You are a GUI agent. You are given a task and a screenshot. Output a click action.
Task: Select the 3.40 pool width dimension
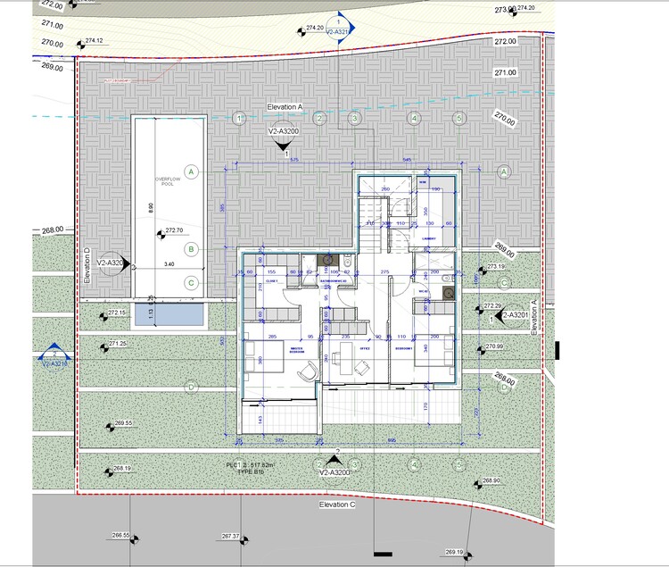click(169, 264)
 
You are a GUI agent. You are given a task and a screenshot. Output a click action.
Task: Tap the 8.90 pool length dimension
click(152, 207)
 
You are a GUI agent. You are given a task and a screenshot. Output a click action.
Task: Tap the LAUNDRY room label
click(429, 239)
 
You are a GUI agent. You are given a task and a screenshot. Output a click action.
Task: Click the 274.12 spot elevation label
click(94, 40)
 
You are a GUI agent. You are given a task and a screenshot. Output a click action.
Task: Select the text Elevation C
click(337, 505)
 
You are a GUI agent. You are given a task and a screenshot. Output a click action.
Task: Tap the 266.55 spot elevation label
click(120, 536)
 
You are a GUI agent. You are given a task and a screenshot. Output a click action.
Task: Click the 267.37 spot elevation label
click(231, 537)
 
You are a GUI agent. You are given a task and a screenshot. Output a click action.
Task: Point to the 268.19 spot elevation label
click(122, 469)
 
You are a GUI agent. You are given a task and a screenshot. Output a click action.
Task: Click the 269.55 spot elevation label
click(123, 423)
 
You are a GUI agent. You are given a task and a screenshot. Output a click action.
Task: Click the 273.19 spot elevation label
click(496, 266)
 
